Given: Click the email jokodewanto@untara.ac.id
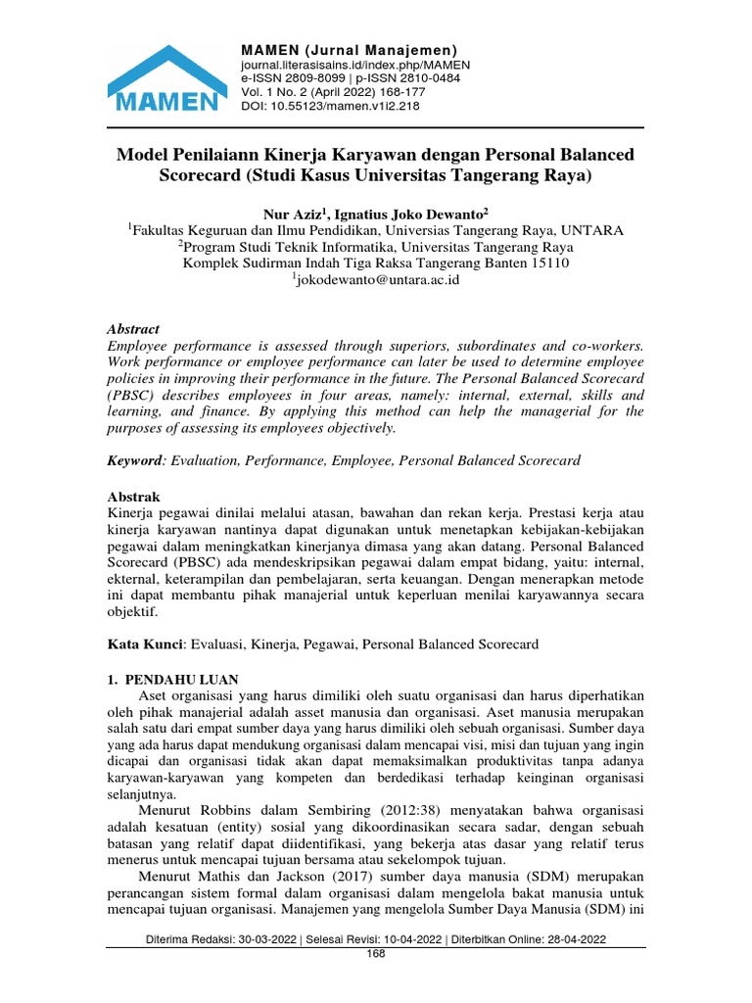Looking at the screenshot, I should [377, 279].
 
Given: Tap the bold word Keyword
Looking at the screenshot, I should [134, 460].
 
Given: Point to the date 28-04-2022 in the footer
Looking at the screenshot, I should [573, 938].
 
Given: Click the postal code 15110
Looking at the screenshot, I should [546, 263].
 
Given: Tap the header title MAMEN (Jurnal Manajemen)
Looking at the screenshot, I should [350, 50].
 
